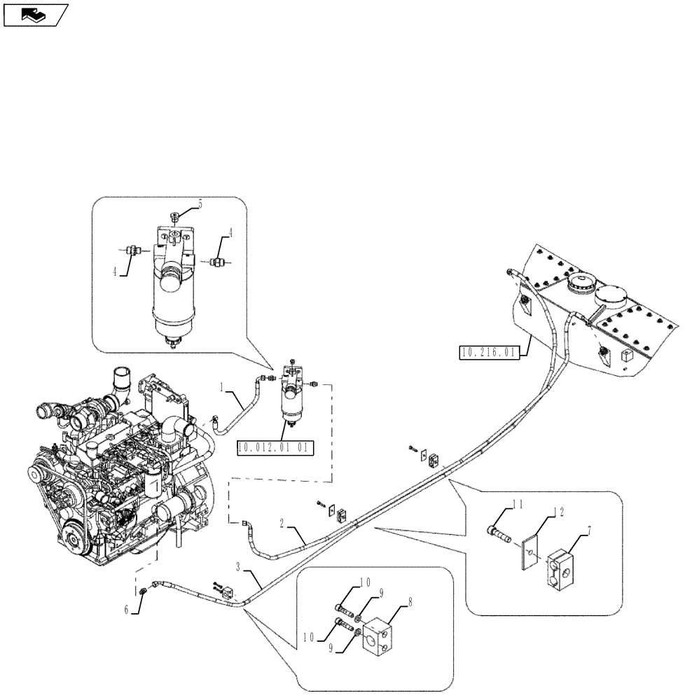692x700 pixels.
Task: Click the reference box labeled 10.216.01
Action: click(488, 352)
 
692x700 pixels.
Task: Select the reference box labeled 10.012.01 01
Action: click(275, 447)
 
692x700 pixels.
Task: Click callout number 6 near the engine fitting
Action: click(127, 610)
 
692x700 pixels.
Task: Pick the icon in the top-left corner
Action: click(35, 13)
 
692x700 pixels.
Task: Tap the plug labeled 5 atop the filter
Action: click(175, 214)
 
